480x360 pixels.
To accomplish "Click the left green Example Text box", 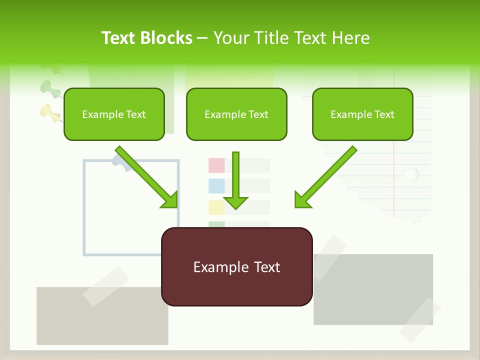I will click(x=114, y=114).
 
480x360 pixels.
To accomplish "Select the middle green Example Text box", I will click(x=236, y=114).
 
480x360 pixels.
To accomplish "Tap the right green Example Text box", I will click(x=362, y=114).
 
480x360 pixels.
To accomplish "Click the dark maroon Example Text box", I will click(x=236, y=266).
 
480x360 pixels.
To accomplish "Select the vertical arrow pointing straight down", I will click(x=235, y=180).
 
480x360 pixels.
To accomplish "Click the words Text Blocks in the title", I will click(x=147, y=38).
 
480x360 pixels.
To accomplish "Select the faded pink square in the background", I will click(x=216, y=165).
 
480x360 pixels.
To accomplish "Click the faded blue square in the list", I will click(x=216, y=186).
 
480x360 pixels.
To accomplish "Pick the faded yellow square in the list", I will click(x=216, y=207).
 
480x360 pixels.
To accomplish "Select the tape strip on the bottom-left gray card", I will click(x=106, y=286).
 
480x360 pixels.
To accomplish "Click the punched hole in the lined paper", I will click(x=412, y=174).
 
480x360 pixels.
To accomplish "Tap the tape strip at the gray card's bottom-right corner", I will click(x=420, y=320).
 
